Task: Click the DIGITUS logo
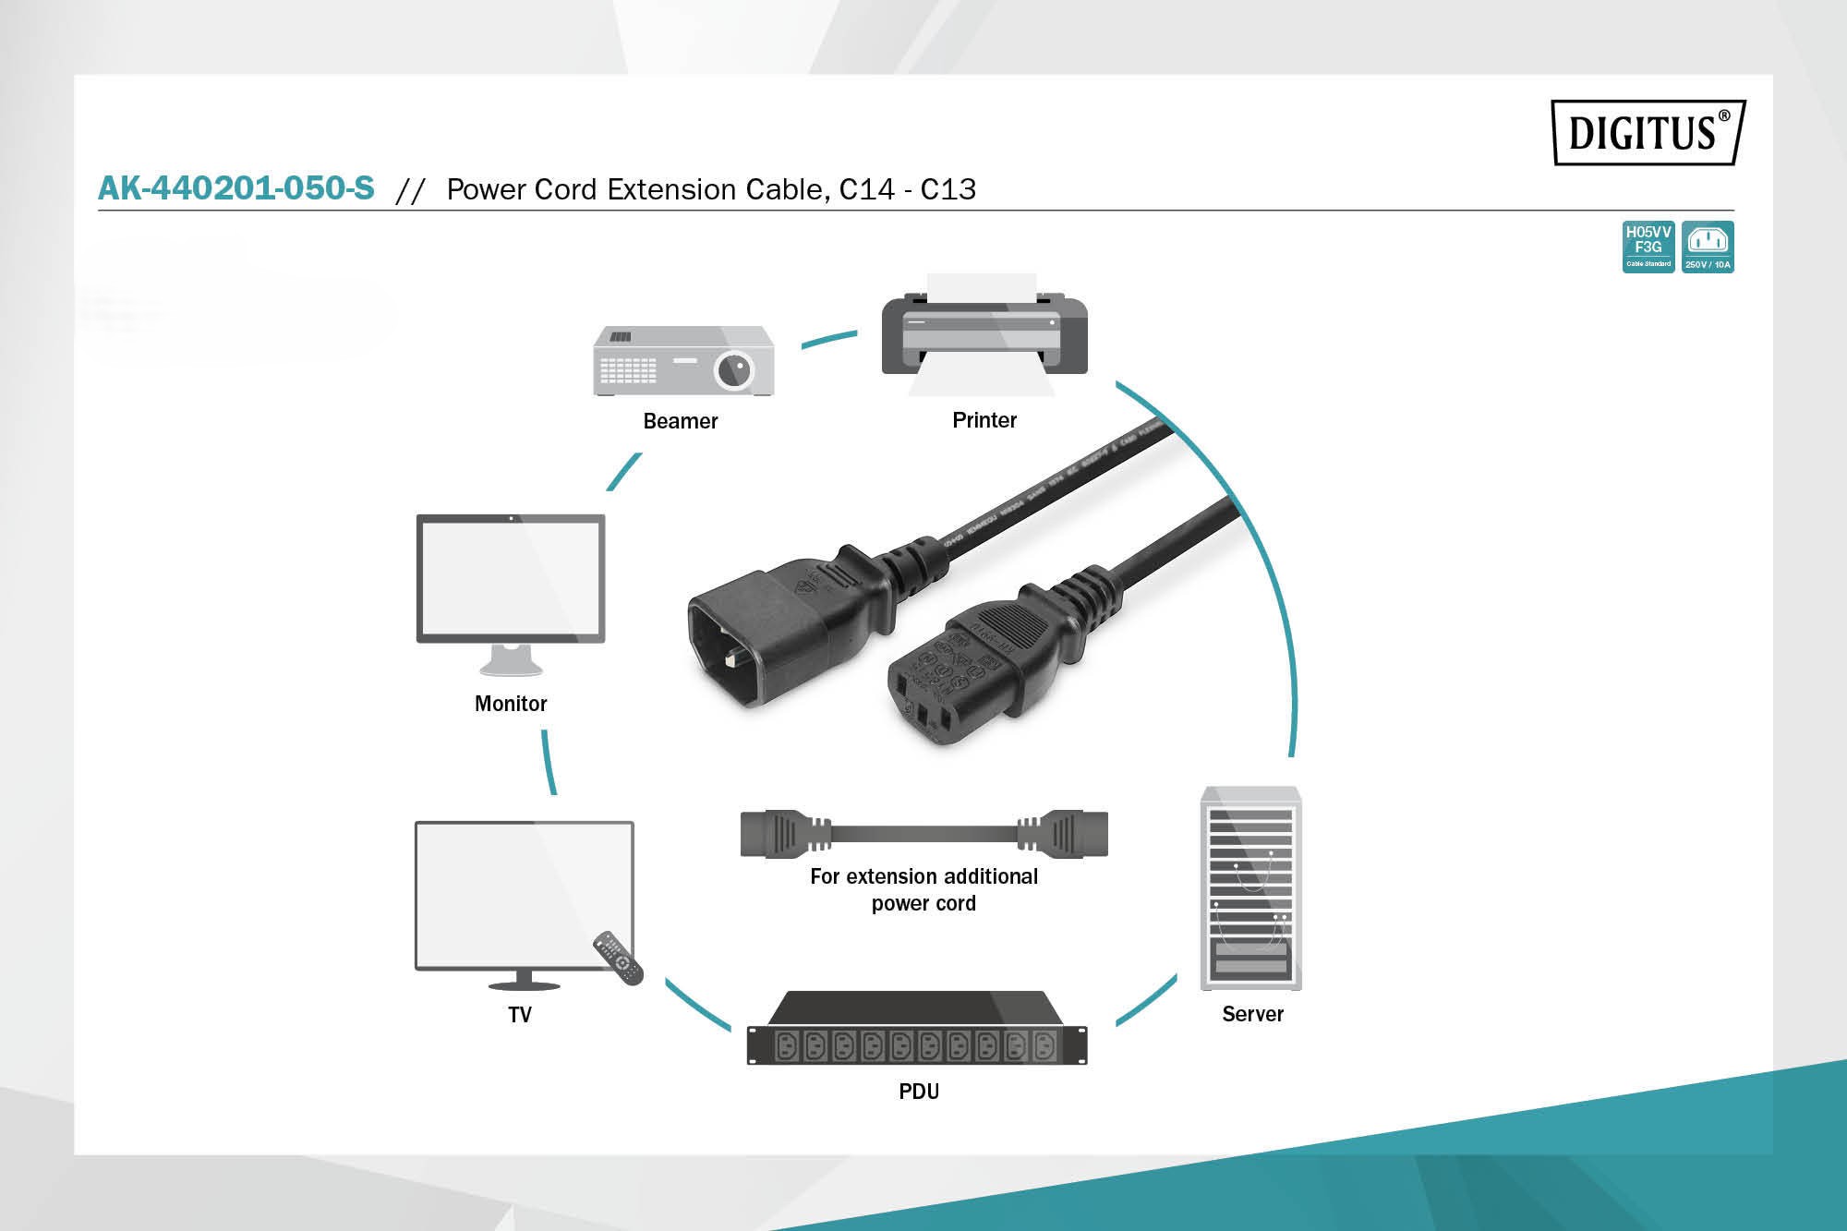1648,132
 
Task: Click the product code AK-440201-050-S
236,188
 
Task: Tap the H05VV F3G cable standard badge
1648,247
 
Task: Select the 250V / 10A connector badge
1708,247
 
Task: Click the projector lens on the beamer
734,370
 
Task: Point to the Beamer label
680,421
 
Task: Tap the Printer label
984,420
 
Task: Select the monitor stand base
511,663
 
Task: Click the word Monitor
511,704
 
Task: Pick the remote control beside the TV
618,958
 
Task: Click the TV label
520,1015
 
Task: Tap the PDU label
919,1092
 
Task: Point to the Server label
1252,1014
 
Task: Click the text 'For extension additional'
923,876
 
